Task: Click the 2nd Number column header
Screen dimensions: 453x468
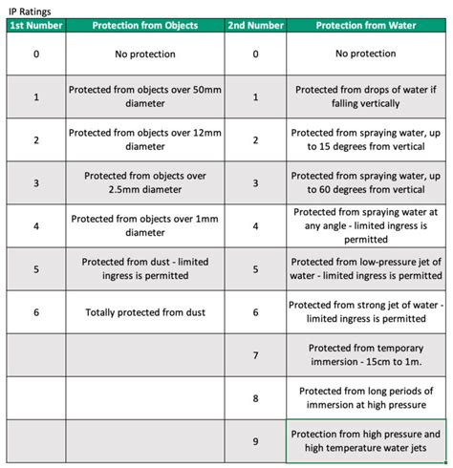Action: pyautogui.click(x=255, y=26)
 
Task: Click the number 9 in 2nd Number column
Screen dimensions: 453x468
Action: pyautogui.click(x=255, y=440)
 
